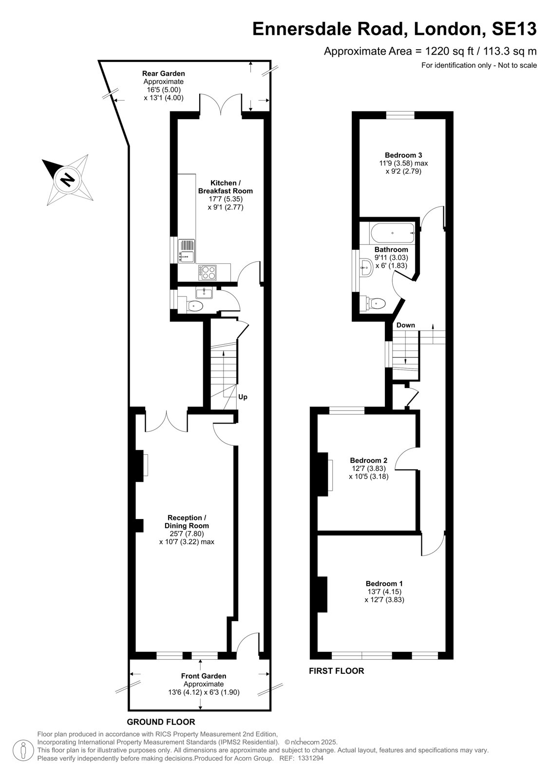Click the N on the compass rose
pos(68,180)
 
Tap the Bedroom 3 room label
pos(403,155)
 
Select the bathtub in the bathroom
pos(392,233)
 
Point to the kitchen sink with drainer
pos(187,251)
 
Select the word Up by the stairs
pos(243,397)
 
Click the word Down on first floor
pos(405,325)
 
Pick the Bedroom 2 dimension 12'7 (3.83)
pos(368,468)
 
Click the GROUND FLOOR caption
pos(161,722)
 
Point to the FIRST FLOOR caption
pos(336,671)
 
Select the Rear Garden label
pos(163,74)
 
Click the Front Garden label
pos(204,676)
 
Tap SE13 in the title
pos(514,29)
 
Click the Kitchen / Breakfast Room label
pos(225,187)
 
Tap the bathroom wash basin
pos(366,267)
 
